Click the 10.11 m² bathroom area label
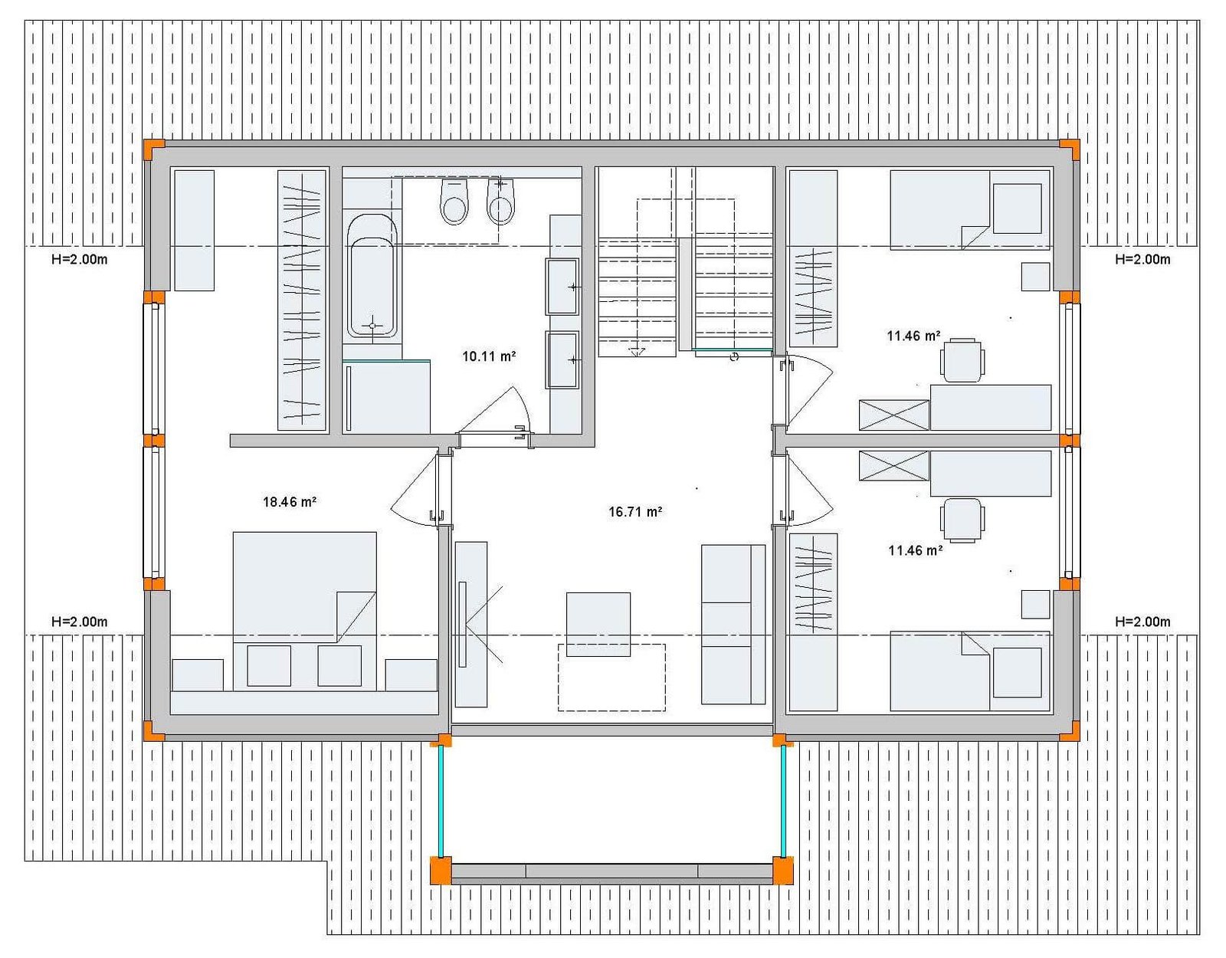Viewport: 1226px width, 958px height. click(x=489, y=356)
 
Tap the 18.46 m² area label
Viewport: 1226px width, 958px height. click(x=290, y=501)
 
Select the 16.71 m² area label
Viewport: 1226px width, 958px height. click(x=635, y=512)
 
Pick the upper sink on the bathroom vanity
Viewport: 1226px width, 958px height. click(x=562, y=287)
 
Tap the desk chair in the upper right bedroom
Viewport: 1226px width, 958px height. click(x=962, y=360)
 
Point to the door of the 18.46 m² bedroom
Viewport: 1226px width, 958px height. click(x=418, y=490)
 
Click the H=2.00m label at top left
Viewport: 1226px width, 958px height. click(x=80, y=260)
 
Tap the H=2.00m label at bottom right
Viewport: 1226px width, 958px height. click(x=1142, y=622)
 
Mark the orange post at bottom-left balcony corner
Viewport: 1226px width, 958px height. click(x=441, y=871)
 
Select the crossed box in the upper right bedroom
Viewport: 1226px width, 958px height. click(x=893, y=415)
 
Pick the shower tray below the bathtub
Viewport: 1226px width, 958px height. click(x=386, y=397)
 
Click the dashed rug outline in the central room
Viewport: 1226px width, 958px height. click(x=611, y=677)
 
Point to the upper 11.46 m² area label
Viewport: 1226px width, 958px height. click(x=913, y=336)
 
